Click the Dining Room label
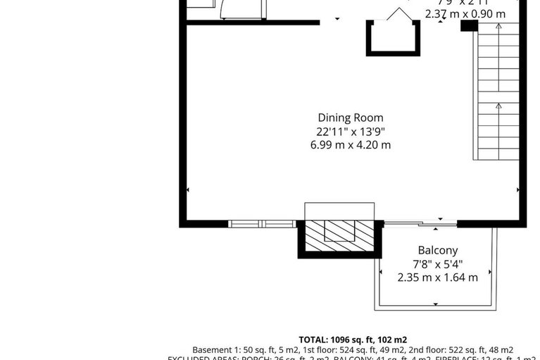coord(350,118)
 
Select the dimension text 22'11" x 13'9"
coord(350,131)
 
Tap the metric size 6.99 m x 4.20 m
coord(350,145)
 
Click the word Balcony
coord(437,250)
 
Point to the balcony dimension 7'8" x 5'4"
coord(437,264)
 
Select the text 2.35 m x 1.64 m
coord(437,278)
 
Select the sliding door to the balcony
coord(420,224)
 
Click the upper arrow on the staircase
coord(498,27)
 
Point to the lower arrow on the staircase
coord(498,106)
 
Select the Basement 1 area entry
coord(232,350)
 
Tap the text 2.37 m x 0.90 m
coord(465,13)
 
